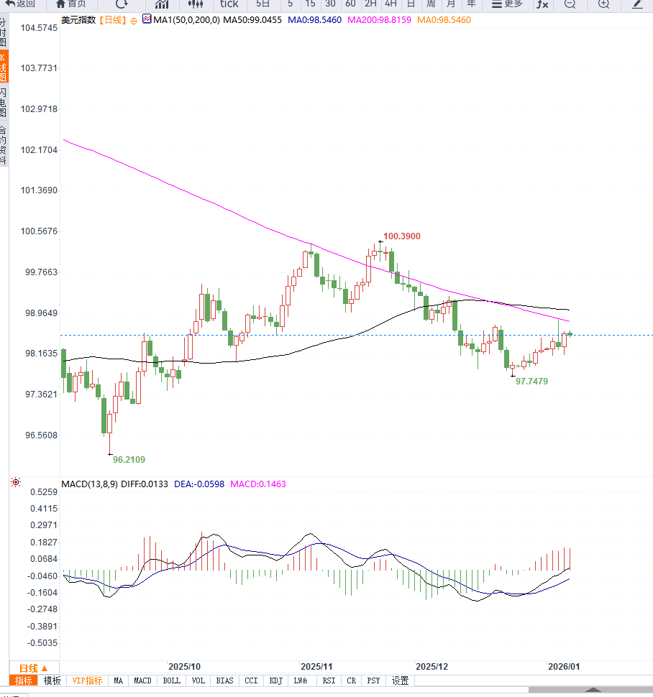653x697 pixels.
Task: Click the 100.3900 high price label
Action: click(x=402, y=236)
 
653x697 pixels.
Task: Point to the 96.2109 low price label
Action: click(x=129, y=459)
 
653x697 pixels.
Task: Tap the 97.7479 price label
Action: click(x=531, y=382)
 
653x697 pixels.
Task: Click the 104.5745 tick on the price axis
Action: click(x=39, y=28)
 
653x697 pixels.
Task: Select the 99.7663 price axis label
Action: click(x=39, y=272)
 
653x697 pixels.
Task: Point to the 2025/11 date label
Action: click(x=316, y=667)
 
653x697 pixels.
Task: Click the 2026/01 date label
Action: click(x=563, y=667)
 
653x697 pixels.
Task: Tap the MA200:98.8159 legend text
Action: click(x=379, y=20)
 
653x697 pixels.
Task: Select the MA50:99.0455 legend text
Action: click(x=252, y=20)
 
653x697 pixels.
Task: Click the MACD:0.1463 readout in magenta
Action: click(x=257, y=485)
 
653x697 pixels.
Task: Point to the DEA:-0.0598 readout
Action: click(x=198, y=485)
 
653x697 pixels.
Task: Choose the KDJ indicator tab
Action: click(x=275, y=680)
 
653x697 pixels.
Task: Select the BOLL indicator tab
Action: click(x=171, y=680)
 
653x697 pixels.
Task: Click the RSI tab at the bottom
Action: click(x=329, y=680)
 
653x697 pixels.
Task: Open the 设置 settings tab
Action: click(x=401, y=680)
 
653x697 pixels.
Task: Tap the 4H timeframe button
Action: click(x=391, y=4)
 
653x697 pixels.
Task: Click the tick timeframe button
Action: click(x=229, y=4)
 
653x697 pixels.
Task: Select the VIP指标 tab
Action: click(x=88, y=680)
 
